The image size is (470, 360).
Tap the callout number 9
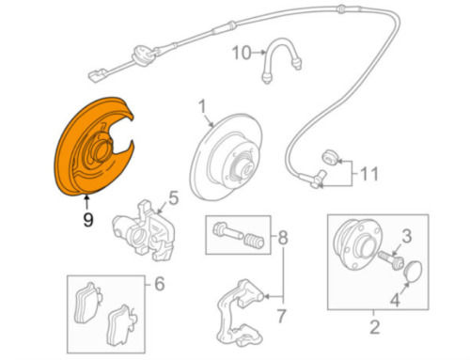(88, 219)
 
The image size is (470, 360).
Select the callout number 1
(202, 106)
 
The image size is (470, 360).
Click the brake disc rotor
(227, 156)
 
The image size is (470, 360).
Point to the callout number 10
(242, 53)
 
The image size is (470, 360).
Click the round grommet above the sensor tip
(330, 157)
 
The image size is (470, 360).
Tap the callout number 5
(173, 198)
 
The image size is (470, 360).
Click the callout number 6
(160, 284)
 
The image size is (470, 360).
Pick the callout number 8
(283, 238)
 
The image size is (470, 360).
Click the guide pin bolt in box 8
(227, 231)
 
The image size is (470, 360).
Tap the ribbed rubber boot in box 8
(254, 241)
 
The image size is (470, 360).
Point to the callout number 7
(282, 316)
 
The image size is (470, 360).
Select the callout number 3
(406, 236)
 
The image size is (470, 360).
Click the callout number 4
(395, 300)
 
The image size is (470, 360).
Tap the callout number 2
(375, 327)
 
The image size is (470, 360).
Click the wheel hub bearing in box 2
(358, 244)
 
